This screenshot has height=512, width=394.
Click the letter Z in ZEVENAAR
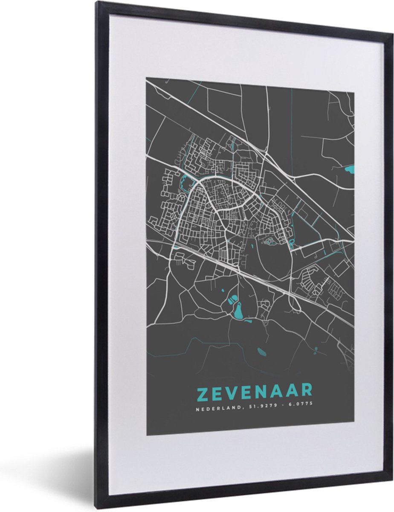coord(202,391)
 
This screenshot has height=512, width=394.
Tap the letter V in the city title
coord(235,391)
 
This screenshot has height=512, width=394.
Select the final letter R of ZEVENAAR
coord(307,391)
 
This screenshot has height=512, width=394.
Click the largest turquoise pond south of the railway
coord(237,311)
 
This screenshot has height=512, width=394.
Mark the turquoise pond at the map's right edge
coord(349,170)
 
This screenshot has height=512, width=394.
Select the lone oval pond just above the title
coord(261,352)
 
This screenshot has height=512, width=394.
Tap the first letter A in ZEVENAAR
coord(285,391)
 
